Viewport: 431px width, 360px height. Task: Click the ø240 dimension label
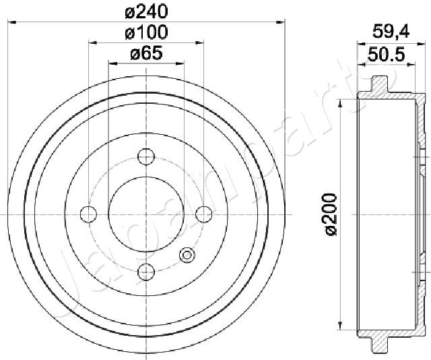pos(146,12)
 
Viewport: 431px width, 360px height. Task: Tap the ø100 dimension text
pos(146,32)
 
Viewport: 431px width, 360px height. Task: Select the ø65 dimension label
pos(146,53)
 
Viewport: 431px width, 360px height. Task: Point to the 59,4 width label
pos(391,32)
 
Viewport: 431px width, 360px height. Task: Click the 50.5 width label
pos(386,55)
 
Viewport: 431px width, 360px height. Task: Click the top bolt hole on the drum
pos(146,156)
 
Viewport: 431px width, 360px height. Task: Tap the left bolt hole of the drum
pos(88,214)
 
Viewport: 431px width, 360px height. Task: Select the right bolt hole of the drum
pos(203,214)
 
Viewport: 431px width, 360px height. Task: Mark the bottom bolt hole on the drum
pos(146,272)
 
